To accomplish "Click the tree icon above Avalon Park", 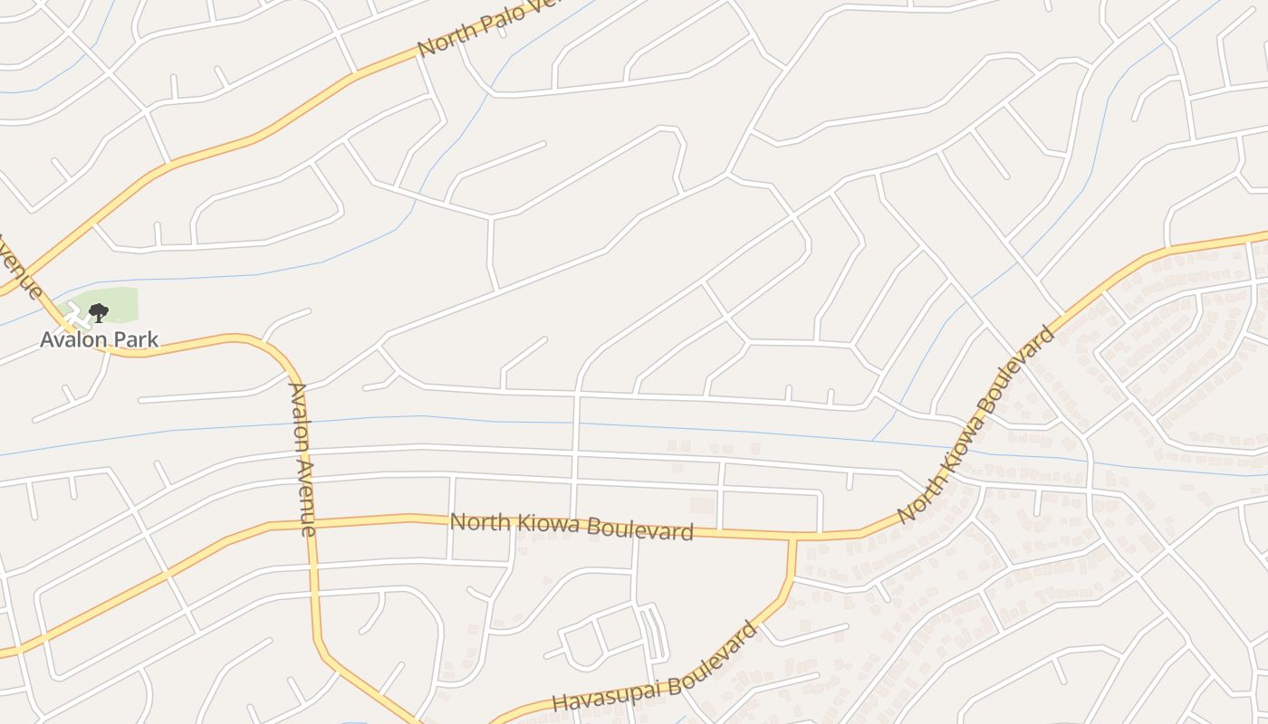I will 99,313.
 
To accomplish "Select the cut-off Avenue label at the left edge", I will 20,267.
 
